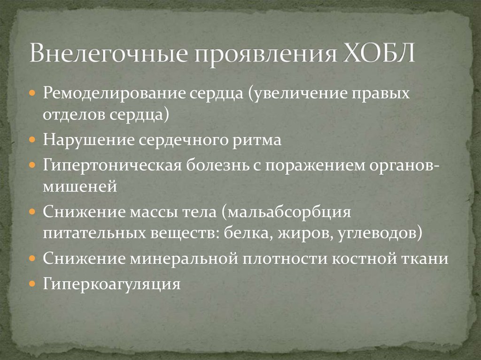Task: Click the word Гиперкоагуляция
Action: tap(112, 283)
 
